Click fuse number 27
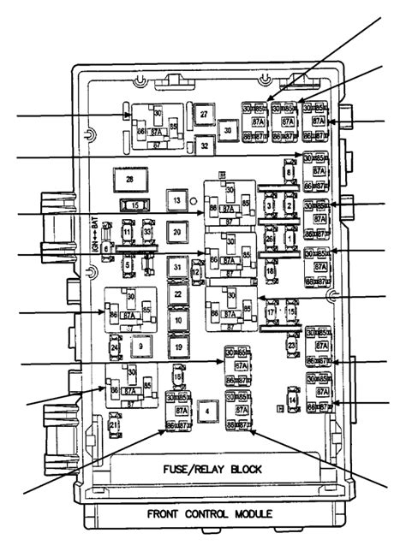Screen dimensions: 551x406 204,115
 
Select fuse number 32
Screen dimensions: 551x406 204,146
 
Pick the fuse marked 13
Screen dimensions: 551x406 176,199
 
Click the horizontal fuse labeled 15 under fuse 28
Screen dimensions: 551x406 133,205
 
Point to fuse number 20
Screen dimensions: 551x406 176,232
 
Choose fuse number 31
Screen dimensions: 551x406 176,267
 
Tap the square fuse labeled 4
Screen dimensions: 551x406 206,412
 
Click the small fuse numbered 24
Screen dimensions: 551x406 115,347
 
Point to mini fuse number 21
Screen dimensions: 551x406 114,424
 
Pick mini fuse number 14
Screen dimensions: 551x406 292,400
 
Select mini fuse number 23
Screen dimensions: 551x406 292,346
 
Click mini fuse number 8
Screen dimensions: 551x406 290,174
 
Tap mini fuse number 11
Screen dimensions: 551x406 127,232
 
